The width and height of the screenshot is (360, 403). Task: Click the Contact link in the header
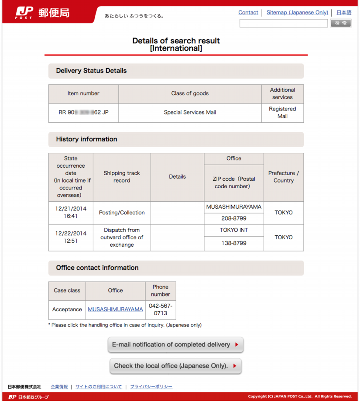tap(248, 13)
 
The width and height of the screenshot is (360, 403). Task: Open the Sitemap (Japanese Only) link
tap(297, 13)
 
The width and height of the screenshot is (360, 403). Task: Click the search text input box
tap(284, 23)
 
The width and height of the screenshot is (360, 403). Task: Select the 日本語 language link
tap(344, 13)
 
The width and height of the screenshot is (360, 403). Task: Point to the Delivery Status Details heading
tap(91, 71)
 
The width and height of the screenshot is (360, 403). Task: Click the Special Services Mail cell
tap(190, 113)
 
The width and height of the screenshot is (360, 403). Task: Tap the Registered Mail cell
tap(282, 113)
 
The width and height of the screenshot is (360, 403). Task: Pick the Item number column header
tap(83, 93)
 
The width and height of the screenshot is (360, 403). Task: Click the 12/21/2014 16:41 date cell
tap(71, 213)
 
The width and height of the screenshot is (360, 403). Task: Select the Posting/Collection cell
tap(122, 213)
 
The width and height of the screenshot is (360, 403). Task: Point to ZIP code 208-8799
tap(233, 219)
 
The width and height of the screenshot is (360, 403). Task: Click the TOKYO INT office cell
tap(233, 230)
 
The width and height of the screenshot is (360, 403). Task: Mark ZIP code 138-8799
tap(233, 244)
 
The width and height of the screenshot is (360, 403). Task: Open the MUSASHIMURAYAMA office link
tap(115, 310)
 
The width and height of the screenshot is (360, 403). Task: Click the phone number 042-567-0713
tap(161, 310)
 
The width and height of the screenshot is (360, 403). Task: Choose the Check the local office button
tap(175, 366)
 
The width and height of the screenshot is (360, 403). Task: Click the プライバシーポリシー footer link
tap(151, 387)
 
